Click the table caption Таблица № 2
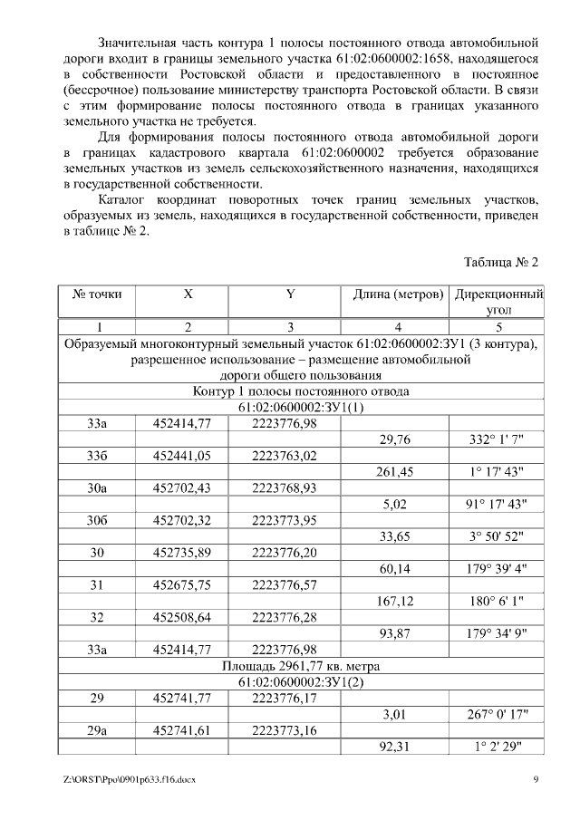(x=501, y=263)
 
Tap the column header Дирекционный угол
(x=498, y=302)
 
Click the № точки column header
(x=97, y=294)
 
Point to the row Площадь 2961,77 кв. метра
(x=301, y=666)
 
